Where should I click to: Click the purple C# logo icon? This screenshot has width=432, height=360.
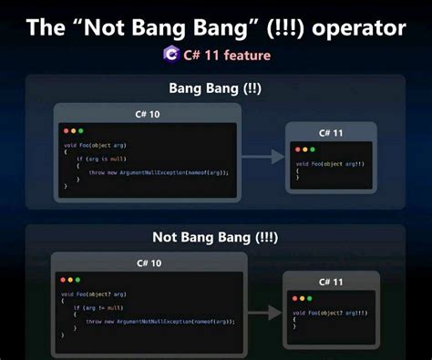coord(170,55)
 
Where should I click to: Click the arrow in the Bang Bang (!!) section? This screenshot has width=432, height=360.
coord(263,157)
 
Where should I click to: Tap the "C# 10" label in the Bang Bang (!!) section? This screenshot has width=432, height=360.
coord(149,113)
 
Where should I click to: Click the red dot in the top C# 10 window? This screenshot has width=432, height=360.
coord(65,131)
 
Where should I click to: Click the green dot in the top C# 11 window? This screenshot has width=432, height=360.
coord(312,149)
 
